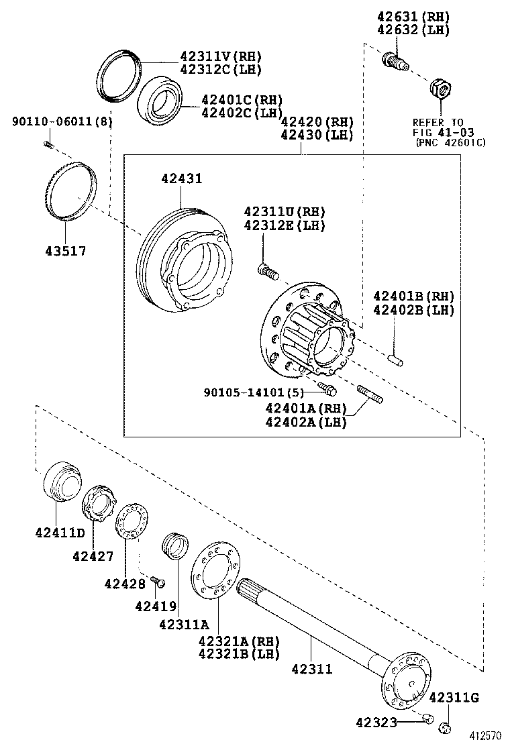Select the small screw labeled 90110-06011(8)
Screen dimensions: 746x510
(48, 144)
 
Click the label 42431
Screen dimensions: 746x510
(181, 179)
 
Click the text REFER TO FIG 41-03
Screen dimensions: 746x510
(438, 127)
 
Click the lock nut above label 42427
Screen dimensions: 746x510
(99, 504)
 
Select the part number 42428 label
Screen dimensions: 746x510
(125, 583)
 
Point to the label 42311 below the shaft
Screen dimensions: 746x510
(312, 669)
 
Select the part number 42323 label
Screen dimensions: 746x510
(376, 722)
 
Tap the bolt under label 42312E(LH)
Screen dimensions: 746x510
(266, 271)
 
